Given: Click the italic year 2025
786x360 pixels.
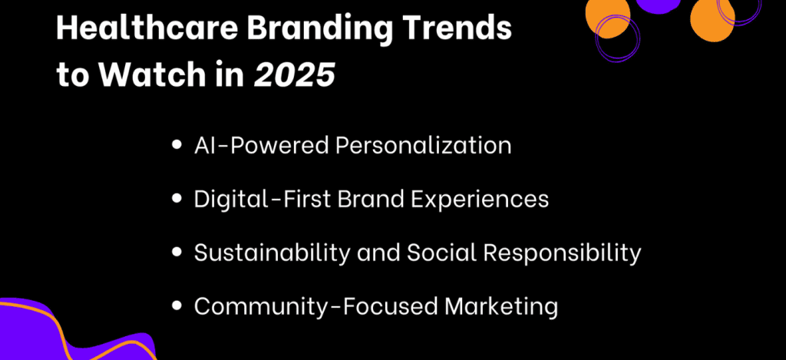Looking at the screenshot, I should pos(295,77).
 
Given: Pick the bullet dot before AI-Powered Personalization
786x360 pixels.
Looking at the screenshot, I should pos(178,146).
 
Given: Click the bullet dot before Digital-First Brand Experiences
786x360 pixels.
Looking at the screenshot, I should pos(178,200).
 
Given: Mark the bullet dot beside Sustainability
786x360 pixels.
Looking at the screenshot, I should pos(178,253).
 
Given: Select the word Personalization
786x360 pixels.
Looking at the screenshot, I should pos(424,146).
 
